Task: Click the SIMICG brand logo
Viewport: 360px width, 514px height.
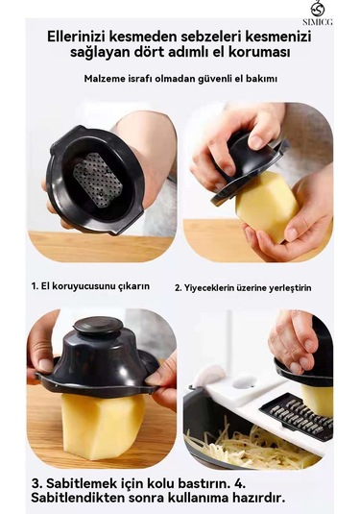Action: point(317,13)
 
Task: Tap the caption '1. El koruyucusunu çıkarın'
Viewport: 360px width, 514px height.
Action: point(90,286)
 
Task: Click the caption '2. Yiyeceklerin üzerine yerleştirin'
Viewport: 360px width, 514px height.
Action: point(243,288)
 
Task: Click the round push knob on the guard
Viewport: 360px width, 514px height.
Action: point(98,326)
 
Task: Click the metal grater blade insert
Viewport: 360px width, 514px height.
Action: point(296,417)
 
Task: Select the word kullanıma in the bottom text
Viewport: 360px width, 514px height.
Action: point(197,498)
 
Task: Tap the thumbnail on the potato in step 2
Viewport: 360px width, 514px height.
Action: point(291,233)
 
